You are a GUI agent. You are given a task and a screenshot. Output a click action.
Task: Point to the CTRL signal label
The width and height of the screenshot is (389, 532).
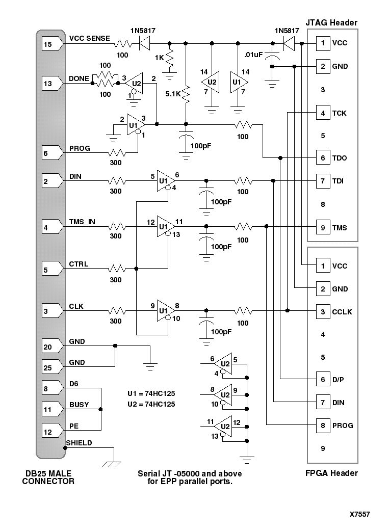79,264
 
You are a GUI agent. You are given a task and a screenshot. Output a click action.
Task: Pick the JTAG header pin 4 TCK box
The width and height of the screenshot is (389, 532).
322,113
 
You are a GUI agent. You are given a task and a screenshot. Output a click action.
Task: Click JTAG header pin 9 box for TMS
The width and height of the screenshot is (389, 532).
322,228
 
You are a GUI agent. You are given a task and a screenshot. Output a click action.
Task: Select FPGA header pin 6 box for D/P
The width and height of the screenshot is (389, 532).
322,380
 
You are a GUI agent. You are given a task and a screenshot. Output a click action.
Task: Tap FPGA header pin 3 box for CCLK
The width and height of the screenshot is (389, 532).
322,312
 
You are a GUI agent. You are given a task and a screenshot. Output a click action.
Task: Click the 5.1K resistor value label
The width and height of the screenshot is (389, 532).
173,94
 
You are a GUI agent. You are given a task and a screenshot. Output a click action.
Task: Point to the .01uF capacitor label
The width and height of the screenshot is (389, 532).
253,55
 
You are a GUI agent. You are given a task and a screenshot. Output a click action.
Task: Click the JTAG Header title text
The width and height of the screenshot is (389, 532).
332,22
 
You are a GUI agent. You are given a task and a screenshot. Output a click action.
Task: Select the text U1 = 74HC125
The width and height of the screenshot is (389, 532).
151,393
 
